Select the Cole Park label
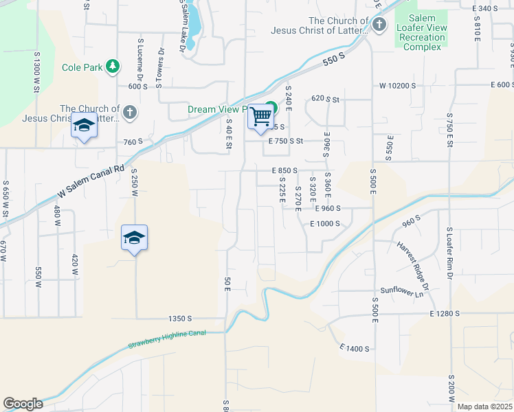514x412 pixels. click(82, 67)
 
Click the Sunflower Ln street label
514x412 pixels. click(402, 293)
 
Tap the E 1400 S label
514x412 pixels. click(355, 349)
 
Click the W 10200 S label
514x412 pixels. click(399, 86)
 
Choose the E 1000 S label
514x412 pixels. click(326, 223)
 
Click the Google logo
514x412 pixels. click(23, 404)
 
